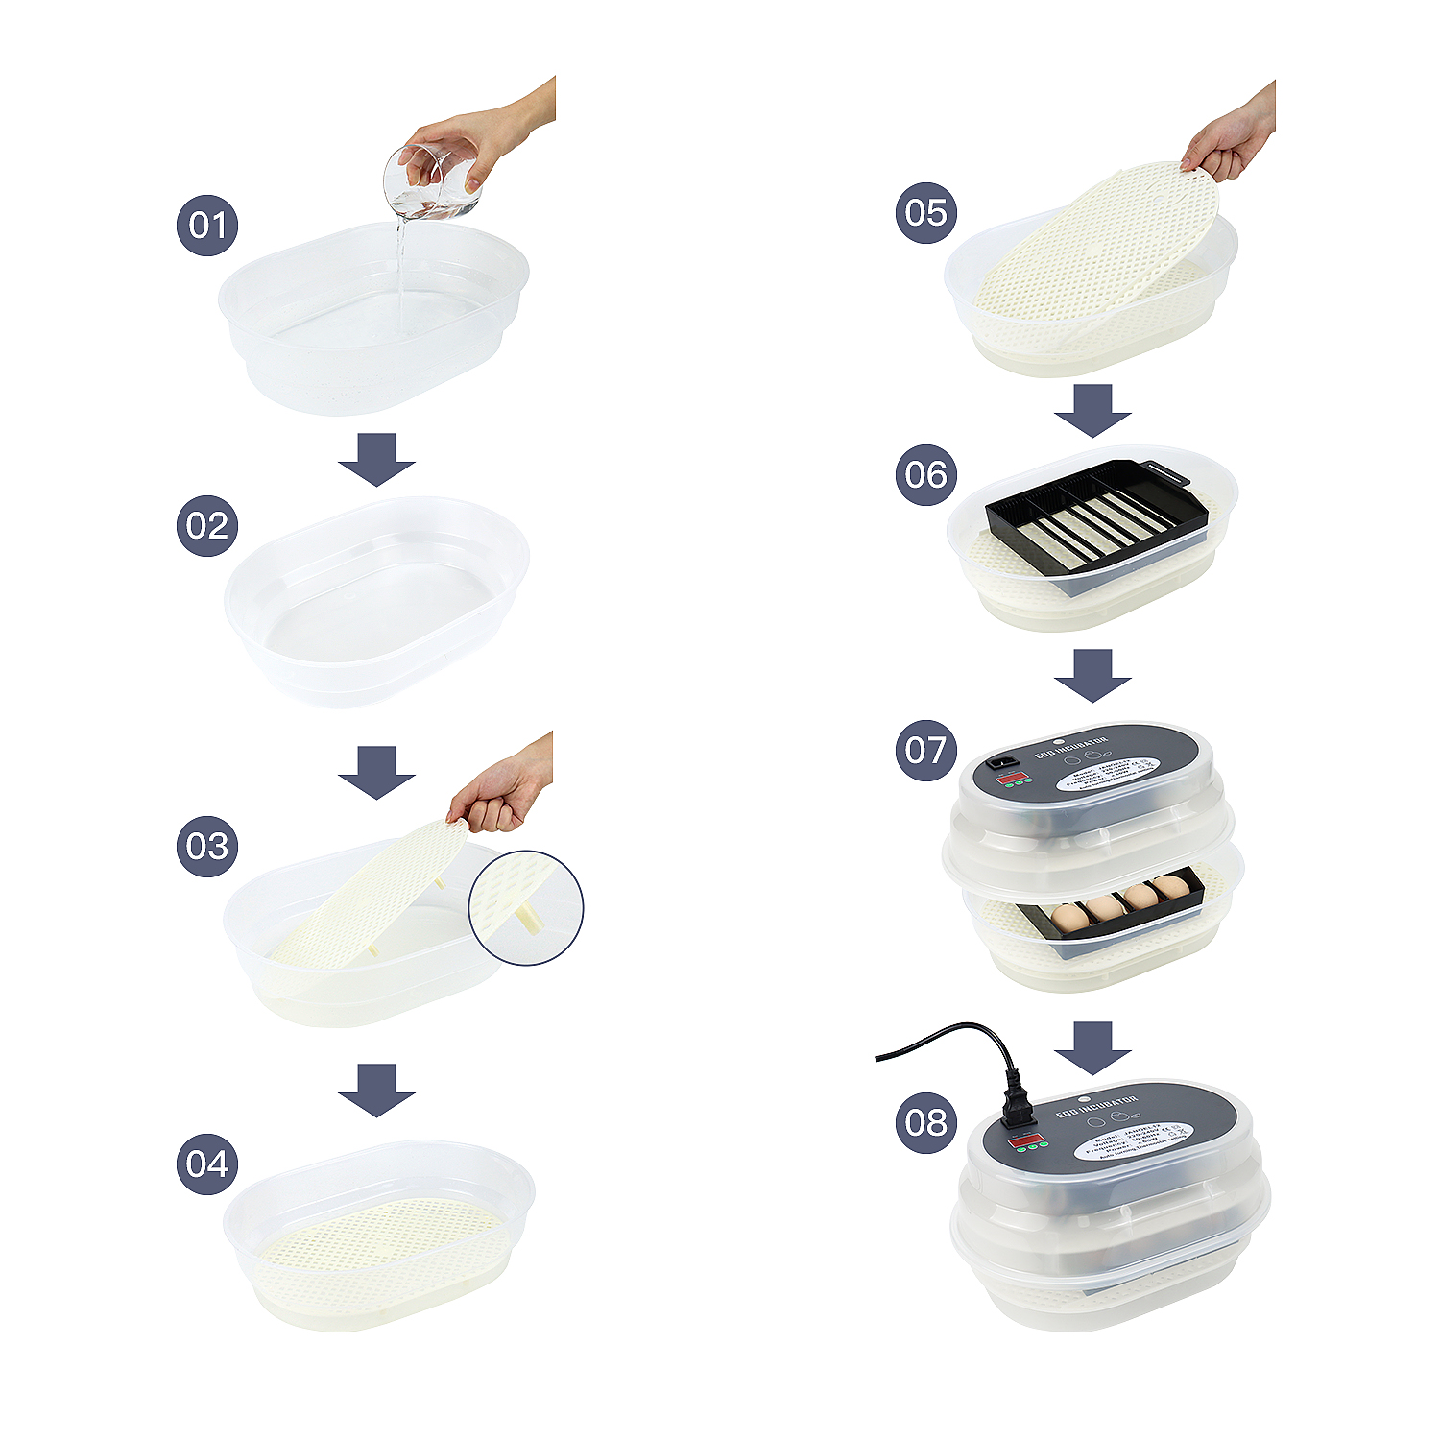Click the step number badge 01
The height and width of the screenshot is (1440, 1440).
(x=206, y=226)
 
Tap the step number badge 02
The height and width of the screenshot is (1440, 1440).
(x=206, y=526)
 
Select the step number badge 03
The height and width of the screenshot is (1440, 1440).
(x=206, y=846)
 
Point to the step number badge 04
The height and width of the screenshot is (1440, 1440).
(x=206, y=1164)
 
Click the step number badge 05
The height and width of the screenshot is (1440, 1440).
(x=925, y=212)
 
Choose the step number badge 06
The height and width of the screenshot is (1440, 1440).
(x=925, y=474)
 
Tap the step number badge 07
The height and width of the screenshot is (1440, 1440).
(x=925, y=750)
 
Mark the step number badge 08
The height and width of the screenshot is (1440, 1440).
(x=925, y=1122)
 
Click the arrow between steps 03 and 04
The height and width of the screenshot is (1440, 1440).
(x=376, y=1090)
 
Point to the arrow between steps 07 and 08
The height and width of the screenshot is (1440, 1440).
(x=1092, y=1047)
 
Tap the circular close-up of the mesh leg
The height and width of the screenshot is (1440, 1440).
(x=525, y=907)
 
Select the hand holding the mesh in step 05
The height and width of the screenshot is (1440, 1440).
(x=1230, y=139)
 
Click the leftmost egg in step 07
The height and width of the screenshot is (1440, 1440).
(x=1069, y=918)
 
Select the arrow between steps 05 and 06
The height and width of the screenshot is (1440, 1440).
(x=1092, y=410)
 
